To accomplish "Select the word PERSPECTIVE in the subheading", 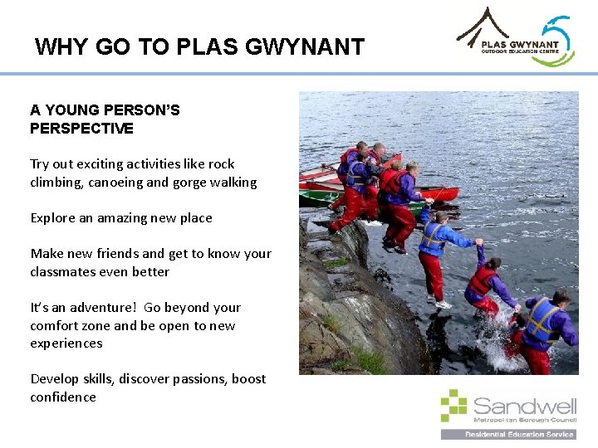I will (x=81, y=129).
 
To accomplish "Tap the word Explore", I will (x=54, y=218).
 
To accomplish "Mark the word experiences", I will (x=66, y=343).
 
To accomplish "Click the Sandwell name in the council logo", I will (x=524, y=406).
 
